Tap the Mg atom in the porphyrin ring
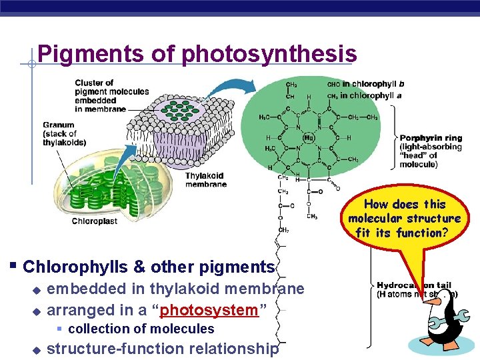308,137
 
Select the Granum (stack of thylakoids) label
65,133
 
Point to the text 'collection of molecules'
141,329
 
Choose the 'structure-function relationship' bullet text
163,348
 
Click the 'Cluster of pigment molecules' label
100,96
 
